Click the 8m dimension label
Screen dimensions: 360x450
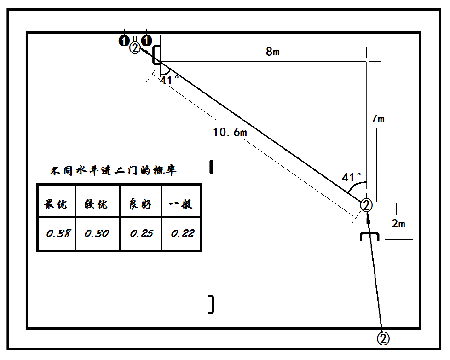coord(272,52)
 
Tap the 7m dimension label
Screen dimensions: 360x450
coord(378,119)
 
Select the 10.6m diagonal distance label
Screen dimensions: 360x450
coord(230,133)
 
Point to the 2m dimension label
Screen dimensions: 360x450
coord(398,224)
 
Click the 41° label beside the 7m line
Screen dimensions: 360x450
coord(352,177)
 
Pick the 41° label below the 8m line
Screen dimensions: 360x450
coord(169,80)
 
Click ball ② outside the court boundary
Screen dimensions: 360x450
coord(383,338)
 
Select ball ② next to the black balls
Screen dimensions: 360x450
coord(135,48)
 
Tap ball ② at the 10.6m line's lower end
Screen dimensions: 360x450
coord(366,205)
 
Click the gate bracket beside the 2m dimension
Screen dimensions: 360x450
coord(369,237)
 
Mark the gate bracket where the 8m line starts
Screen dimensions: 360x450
coord(156,55)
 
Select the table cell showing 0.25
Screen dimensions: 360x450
coord(141,233)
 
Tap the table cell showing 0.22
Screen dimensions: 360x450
coord(182,233)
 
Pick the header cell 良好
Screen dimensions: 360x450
coord(141,204)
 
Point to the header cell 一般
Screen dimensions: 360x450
coord(181,204)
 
